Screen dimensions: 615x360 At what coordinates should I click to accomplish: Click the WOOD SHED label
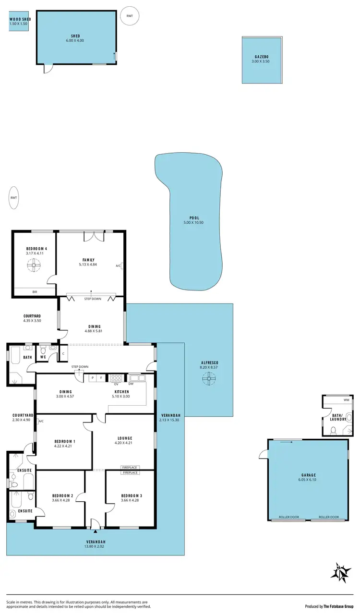(x=20, y=19)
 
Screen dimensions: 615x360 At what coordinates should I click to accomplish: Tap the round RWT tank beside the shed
(x=130, y=16)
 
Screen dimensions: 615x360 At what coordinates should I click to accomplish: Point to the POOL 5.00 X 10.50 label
(x=193, y=220)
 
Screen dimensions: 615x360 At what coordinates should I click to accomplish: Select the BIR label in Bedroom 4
(x=35, y=292)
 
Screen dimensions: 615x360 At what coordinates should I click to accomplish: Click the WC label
(x=43, y=357)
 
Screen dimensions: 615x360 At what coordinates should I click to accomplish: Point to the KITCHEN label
(x=120, y=392)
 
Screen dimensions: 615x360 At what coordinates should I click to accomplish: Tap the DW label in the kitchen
(x=131, y=383)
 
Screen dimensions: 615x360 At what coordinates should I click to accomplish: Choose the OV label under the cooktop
(x=116, y=383)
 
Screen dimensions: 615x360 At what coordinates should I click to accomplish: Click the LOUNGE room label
(x=124, y=438)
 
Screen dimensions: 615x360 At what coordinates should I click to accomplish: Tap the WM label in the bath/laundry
(x=346, y=399)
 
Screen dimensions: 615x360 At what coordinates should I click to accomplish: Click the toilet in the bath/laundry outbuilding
(x=334, y=430)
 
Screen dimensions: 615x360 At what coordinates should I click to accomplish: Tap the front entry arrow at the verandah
(x=96, y=531)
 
